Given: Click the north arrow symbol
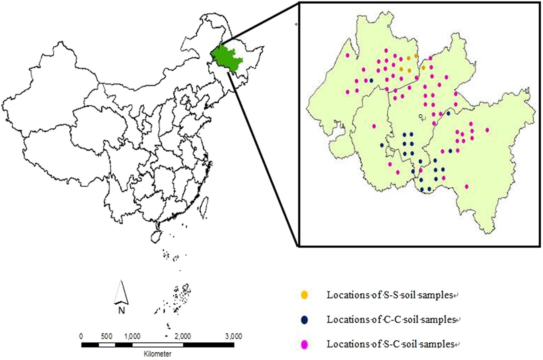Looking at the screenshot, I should click(122, 292).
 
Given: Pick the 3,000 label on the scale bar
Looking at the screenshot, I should click(234, 336).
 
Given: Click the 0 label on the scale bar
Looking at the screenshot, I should click(82, 336).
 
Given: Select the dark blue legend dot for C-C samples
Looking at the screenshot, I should click(305, 320).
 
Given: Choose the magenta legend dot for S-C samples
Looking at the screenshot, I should click(305, 344).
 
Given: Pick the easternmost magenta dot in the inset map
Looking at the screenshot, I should click(487, 130).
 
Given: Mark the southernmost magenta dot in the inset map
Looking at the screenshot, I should click(467, 186).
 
